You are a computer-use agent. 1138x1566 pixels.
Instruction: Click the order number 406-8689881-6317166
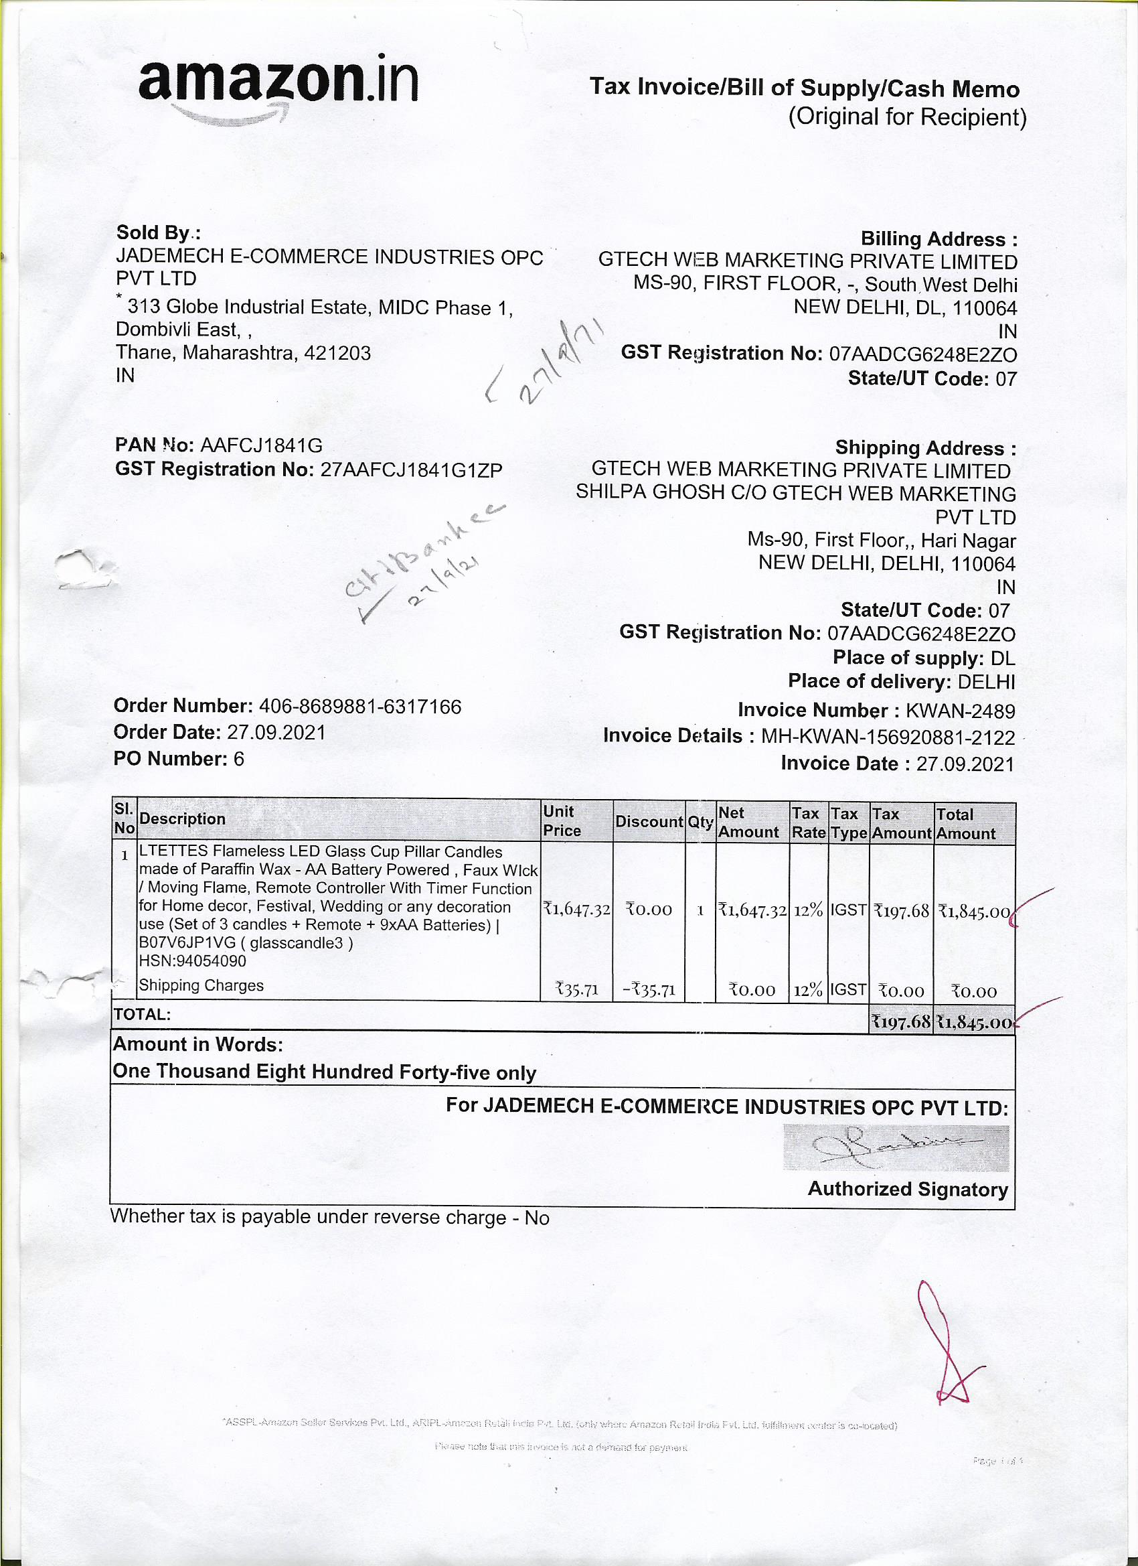(359, 707)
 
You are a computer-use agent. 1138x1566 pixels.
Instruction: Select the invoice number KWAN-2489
(960, 711)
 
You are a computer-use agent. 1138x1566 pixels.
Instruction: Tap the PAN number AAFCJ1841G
(261, 445)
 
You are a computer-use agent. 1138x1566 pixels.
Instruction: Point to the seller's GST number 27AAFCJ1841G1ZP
(411, 470)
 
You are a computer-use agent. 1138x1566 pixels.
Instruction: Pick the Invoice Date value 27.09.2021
(965, 764)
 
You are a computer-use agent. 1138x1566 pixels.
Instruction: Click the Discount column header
(649, 822)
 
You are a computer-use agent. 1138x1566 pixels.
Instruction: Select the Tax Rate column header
(808, 823)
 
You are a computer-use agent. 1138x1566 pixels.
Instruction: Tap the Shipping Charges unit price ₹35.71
(577, 990)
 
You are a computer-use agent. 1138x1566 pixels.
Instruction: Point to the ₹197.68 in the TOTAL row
(901, 1022)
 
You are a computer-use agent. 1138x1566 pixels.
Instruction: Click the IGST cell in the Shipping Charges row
(848, 989)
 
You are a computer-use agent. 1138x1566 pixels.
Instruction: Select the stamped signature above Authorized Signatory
(895, 1147)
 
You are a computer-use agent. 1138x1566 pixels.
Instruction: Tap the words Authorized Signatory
(908, 1189)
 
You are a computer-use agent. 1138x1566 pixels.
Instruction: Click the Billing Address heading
(939, 240)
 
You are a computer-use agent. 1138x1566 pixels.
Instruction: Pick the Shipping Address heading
(925, 448)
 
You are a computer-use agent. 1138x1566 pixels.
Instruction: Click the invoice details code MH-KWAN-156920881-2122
(888, 737)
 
